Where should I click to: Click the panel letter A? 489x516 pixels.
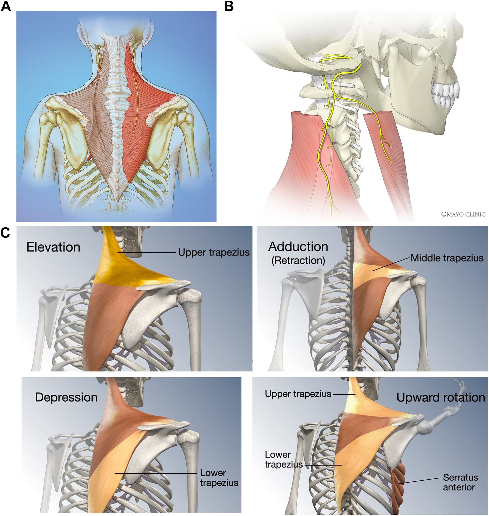pyautogui.click(x=6, y=6)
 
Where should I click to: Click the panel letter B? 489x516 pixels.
pyautogui.click(x=229, y=6)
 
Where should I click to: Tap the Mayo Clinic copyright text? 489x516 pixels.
pyautogui.click(x=463, y=214)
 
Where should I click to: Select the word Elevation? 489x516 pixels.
pyautogui.click(x=53, y=247)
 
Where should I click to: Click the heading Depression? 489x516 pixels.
pyautogui.click(x=66, y=397)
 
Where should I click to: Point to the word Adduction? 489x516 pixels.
pyautogui.click(x=298, y=246)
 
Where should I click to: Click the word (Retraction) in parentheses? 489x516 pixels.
pyautogui.click(x=298, y=260)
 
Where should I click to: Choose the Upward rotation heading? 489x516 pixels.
pyautogui.click(x=441, y=397)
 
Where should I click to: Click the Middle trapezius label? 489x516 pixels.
pyautogui.click(x=447, y=258)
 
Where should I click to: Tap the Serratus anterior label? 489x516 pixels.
pyautogui.click(x=460, y=482)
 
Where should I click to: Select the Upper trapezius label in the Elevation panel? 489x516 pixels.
pyautogui.click(x=214, y=252)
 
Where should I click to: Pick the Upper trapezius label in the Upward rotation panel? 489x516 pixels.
pyautogui.click(x=298, y=394)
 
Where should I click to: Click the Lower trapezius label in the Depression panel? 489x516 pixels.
pyautogui.click(x=219, y=478)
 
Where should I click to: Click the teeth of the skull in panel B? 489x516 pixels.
pyautogui.click(x=445, y=94)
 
